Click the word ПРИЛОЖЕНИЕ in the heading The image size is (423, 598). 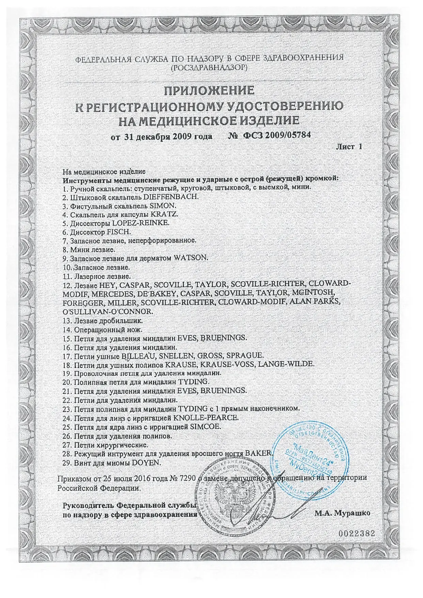click(209, 91)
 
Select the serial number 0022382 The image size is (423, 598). click(357, 543)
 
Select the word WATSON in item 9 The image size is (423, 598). click(191, 258)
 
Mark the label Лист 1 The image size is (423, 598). click(349, 147)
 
